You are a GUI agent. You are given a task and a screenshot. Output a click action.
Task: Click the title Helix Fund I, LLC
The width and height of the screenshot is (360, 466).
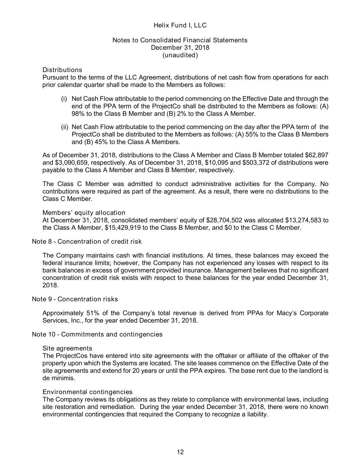point(180,25)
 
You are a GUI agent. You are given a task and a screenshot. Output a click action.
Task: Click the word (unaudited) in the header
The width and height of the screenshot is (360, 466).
point(180,55)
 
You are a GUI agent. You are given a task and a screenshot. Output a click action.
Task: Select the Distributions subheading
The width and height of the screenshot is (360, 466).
point(62,70)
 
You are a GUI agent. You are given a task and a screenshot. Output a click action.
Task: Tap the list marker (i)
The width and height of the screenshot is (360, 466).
point(64,99)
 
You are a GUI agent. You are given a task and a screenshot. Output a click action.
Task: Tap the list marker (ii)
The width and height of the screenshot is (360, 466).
point(65,127)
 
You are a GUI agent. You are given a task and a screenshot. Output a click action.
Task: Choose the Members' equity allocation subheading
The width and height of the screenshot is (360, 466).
point(84,213)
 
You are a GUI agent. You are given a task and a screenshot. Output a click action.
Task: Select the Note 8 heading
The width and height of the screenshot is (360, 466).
point(87,242)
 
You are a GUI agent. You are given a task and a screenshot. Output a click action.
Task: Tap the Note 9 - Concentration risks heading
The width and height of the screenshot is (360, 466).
point(75,299)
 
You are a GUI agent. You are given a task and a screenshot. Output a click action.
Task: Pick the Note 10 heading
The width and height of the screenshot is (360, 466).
point(97,334)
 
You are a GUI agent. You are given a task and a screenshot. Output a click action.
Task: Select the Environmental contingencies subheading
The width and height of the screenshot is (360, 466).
point(87,392)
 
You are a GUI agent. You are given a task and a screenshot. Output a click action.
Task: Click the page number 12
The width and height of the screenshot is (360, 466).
point(180,452)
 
